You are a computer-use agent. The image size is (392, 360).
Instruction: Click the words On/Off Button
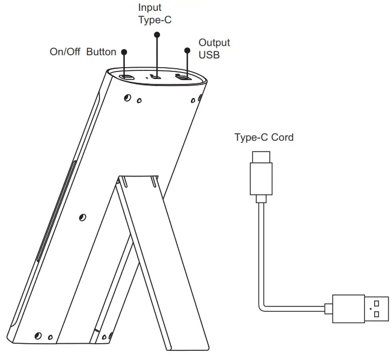coord(83,52)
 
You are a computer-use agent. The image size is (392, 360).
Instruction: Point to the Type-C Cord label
coord(264,138)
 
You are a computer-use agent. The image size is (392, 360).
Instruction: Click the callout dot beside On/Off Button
coord(124,52)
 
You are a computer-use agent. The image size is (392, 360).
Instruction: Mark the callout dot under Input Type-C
coord(157,35)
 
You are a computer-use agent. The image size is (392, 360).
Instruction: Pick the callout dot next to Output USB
coord(187,50)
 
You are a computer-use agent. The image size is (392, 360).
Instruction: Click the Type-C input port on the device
coord(156,77)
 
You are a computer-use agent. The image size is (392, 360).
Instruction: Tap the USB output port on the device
coord(185,78)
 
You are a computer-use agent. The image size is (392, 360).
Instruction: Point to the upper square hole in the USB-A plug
coord(377,303)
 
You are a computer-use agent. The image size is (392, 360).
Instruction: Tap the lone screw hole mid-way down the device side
coord(82,217)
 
